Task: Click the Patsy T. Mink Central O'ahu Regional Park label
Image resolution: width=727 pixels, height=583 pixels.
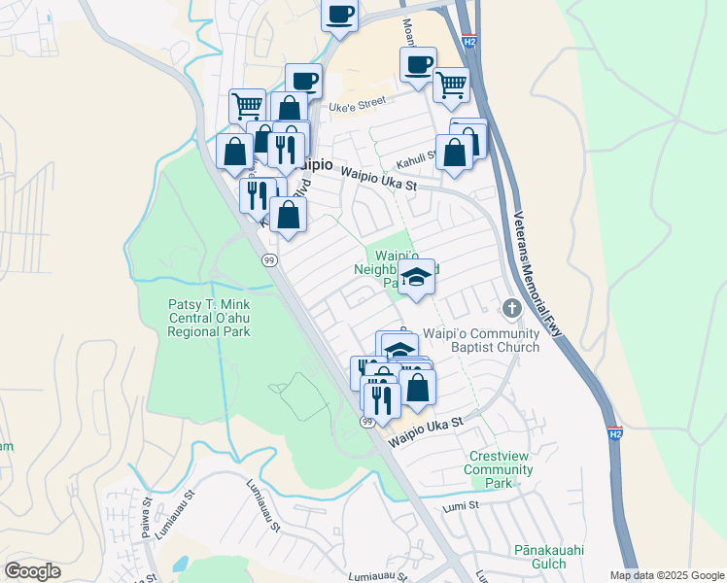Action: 208,317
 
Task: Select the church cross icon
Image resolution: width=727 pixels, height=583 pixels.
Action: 512,309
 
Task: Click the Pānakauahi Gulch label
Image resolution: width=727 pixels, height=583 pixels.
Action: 551,557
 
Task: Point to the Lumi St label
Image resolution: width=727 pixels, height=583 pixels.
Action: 461,505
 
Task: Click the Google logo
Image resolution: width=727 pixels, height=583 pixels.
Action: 33,570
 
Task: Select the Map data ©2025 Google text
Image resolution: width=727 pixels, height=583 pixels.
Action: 666,575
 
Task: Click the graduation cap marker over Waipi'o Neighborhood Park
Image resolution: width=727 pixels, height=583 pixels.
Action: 416,277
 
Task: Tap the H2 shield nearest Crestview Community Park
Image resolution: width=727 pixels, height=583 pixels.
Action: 614,432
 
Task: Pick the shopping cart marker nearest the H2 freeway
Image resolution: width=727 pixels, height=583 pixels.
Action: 451,85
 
